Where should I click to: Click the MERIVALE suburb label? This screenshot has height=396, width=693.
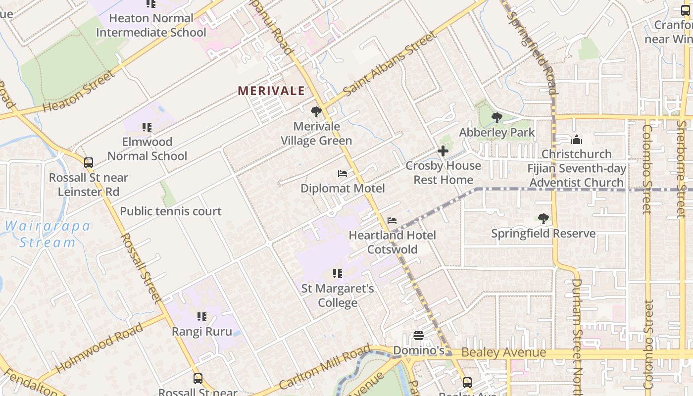[x=271, y=91]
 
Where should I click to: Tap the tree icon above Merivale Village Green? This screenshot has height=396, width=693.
[x=316, y=112]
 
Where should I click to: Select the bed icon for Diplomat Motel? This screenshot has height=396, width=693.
[x=343, y=174]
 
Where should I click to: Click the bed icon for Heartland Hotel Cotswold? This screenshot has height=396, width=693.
[x=392, y=220]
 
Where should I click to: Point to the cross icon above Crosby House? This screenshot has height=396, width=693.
[x=443, y=151]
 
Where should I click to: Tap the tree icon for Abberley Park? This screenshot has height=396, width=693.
[x=496, y=118]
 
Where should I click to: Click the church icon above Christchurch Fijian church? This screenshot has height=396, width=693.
[x=576, y=140]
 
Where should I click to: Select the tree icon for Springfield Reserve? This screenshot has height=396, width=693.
[x=543, y=219]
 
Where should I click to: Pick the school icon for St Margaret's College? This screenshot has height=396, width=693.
[x=338, y=273]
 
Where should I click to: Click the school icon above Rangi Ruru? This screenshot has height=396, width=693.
[x=201, y=316]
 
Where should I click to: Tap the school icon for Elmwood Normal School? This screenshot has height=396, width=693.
[x=147, y=127]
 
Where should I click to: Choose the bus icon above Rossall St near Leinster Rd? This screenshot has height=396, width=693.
[x=89, y=162]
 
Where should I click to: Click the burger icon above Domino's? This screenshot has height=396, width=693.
[x=419, y=336]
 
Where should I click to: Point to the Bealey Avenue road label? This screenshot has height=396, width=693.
[x=503, y=353]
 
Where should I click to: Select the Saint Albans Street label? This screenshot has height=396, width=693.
[x=391, y=63]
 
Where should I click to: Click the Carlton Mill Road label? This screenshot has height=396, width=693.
[x=325, y=368]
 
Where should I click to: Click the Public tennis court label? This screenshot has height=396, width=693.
[x=171, y=211]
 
